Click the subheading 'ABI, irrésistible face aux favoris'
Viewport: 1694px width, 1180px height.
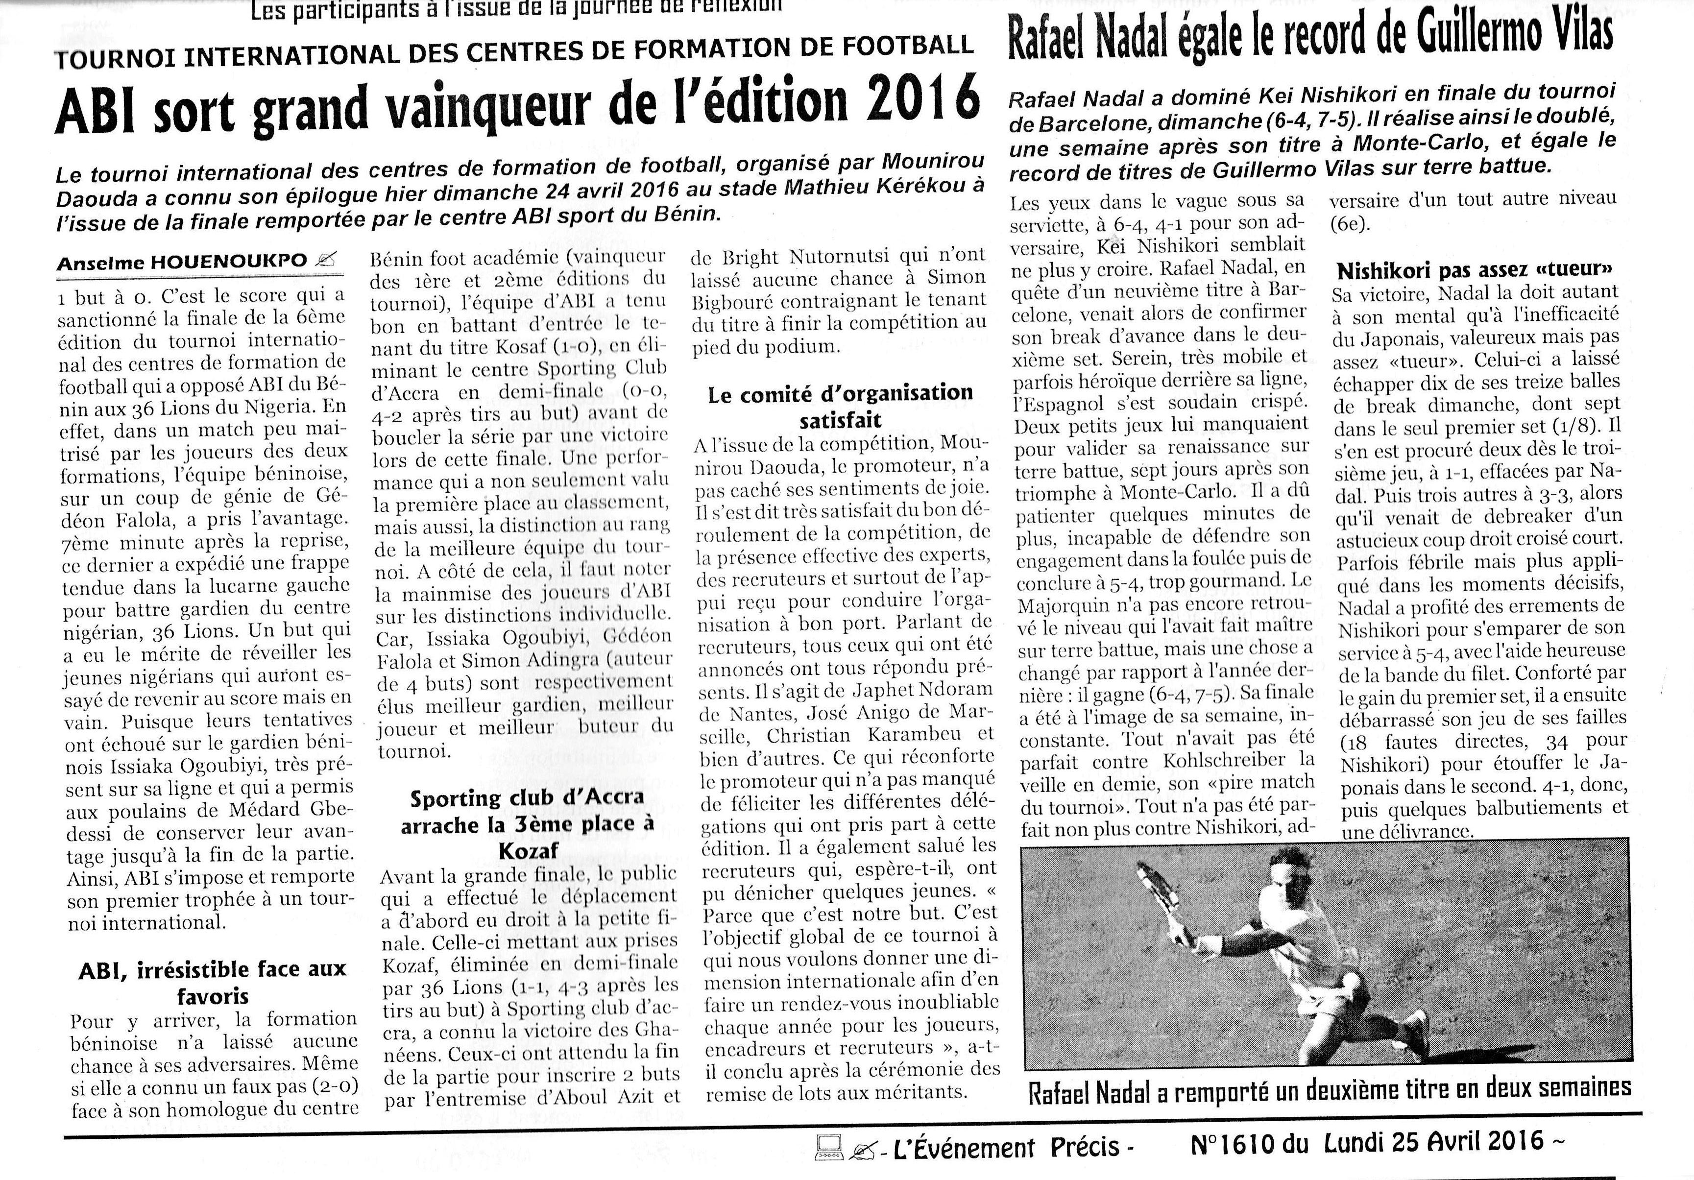click(213, 982)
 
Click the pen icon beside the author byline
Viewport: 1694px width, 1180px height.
click(325, 260)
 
